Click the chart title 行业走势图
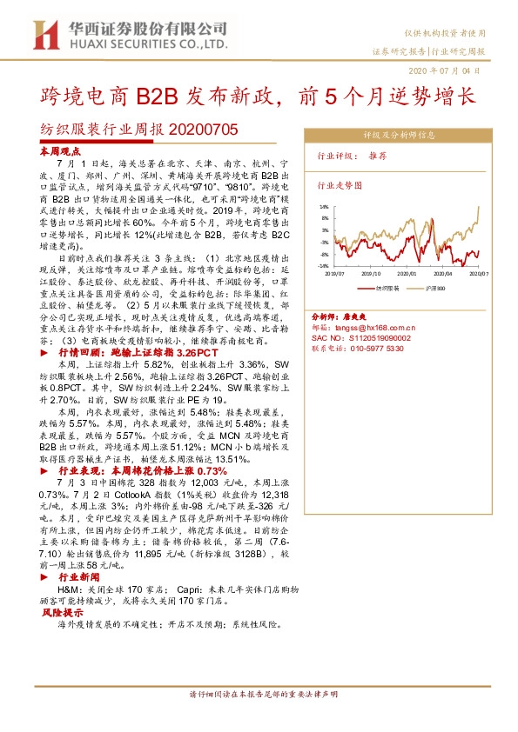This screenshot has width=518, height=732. click(x=339, y=185)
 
